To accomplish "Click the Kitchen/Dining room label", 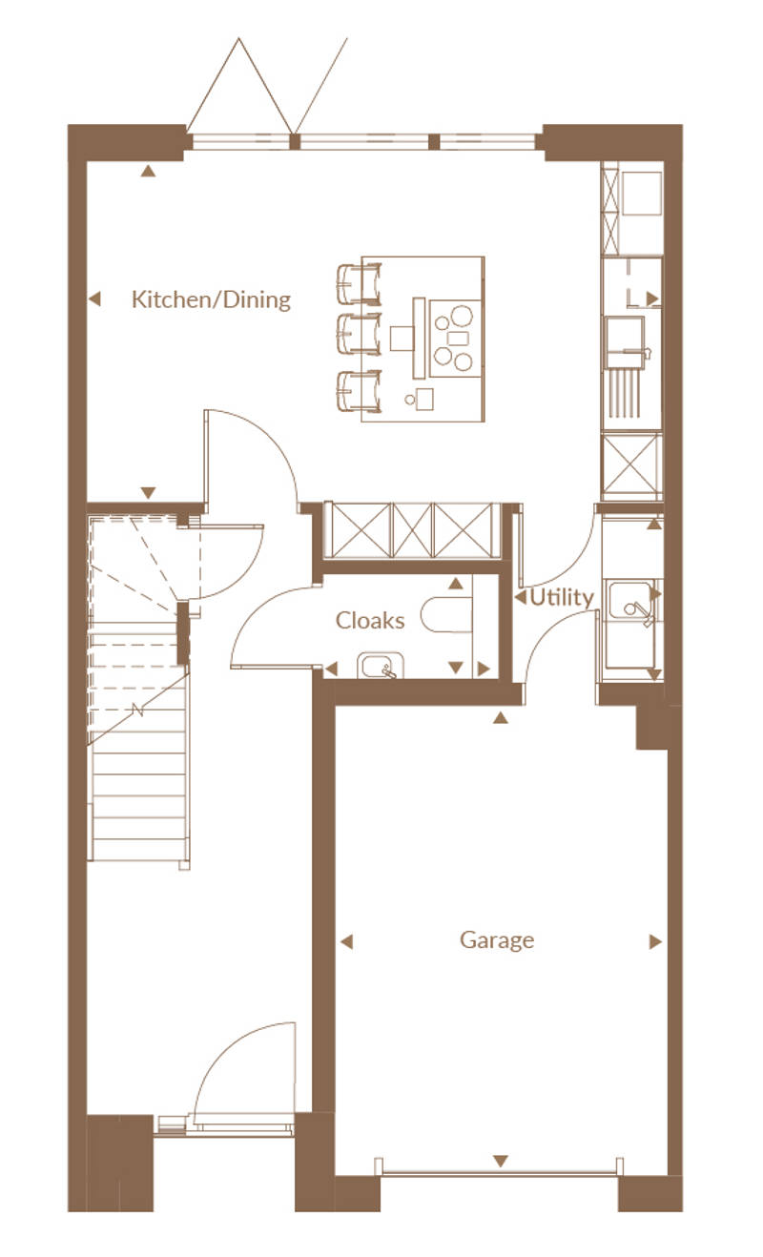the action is pyautogui.click(x=211, y=299).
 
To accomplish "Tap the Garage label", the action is pyautogui.click(x=497, y=940).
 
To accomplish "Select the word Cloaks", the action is pyautogui.click(x=370, y=620).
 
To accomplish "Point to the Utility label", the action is pyautogui.click(x=562, y=597).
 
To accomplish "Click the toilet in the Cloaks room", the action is pyautogui.click(x=446, y=614).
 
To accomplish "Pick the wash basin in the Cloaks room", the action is pyautogui.click(x=381, y=666).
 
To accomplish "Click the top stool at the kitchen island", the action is pyautogui.click(x=359, y=284).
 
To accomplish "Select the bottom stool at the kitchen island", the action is pyautogui.click(x=359, y=391).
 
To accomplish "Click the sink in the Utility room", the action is pyautogui.click(x=630, y=602).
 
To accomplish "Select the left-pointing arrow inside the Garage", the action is pyautogui.click(x=347, y=941).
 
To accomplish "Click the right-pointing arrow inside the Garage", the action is pyautogui.click(x=655, y=941).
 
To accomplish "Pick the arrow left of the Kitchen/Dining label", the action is pyautogui.click(x=94, y=299).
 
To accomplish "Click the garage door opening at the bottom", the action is pyautogui.click(x=500, y=1172).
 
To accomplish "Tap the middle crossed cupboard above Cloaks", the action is pyautogui.click(x=412, y=530).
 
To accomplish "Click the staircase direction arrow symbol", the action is pyautogui.click(x=138, y=710).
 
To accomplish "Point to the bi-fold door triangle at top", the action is pyautogui.click(x=239, y=86).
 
